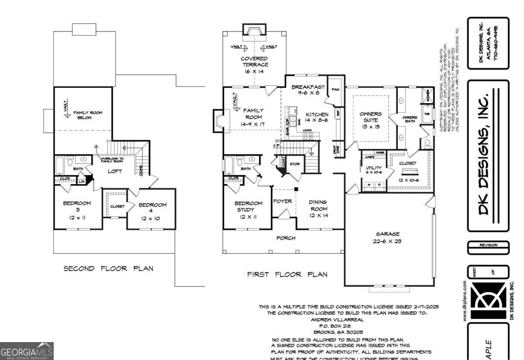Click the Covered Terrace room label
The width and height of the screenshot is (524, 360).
254,65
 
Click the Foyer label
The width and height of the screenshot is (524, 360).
283,201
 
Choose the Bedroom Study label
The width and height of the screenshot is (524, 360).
248,210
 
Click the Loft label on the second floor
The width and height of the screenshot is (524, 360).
115,171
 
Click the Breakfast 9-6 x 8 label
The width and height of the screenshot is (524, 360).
308,90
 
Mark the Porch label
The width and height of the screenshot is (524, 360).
286,238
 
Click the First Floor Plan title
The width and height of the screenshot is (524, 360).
287,274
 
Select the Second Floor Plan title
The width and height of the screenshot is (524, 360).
108,268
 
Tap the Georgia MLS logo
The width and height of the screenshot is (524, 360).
27,351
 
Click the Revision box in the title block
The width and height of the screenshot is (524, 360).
488,246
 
